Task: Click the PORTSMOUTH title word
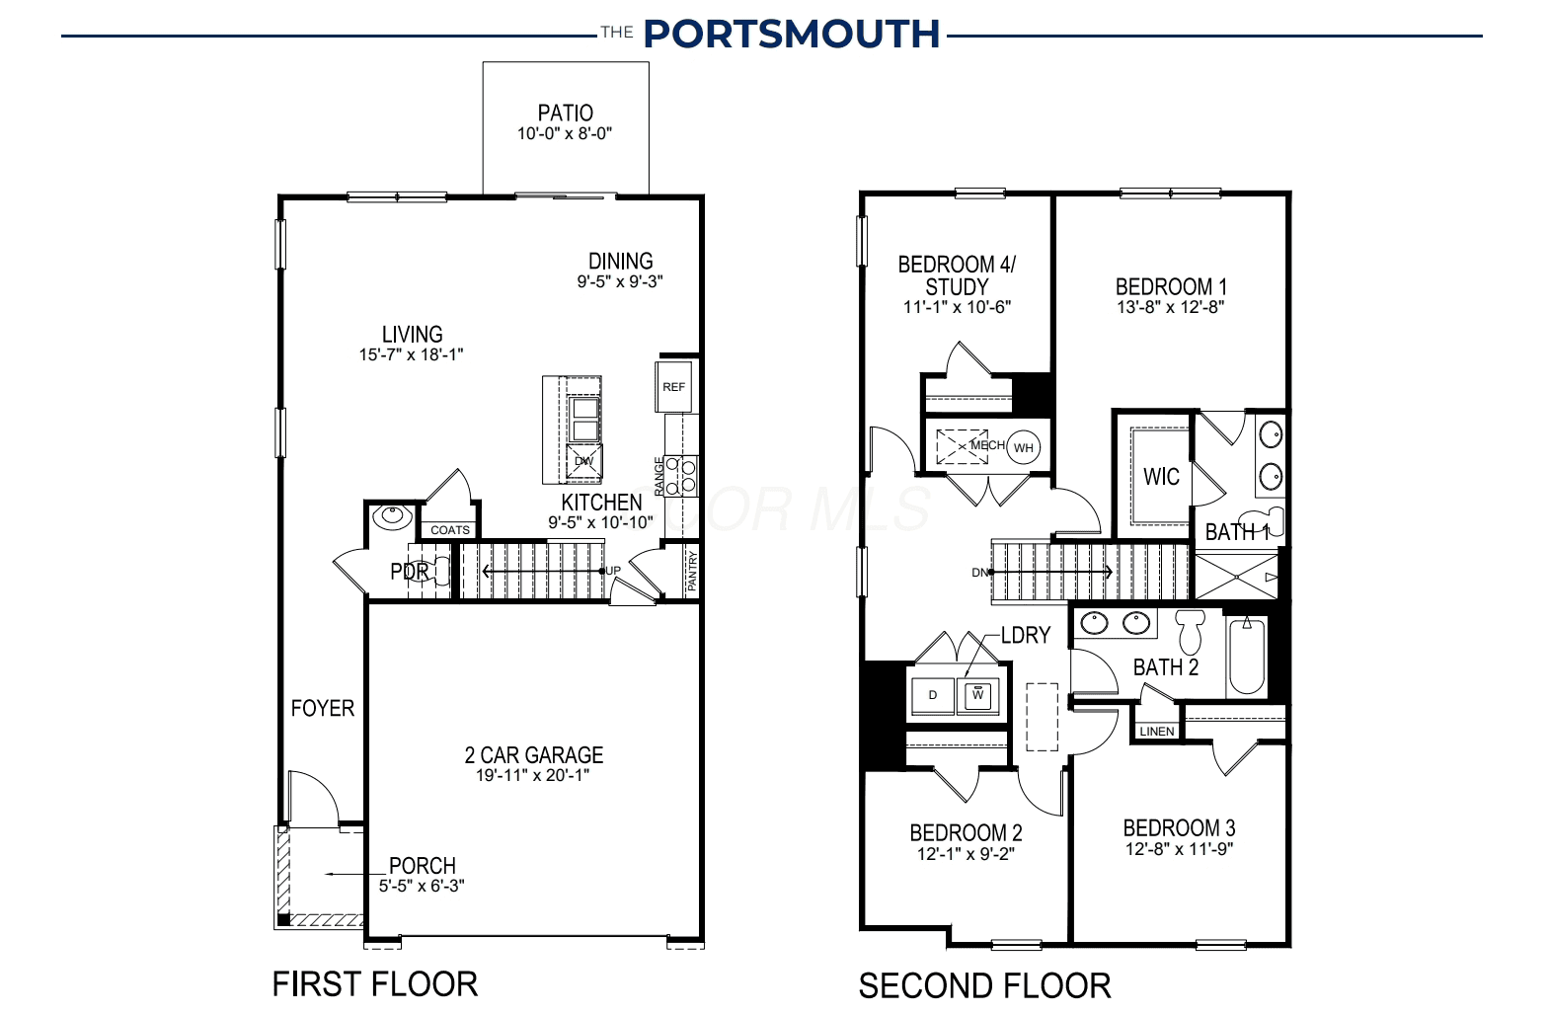pos(792,34)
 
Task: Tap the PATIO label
pos(566,113)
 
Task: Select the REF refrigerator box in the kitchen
pos(673,387)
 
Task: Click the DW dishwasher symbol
pos(584,461)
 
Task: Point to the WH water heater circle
pos(1024,447)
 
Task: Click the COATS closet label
pos(450,530)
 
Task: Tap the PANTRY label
pos(692,571)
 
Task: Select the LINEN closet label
pos(1157,732)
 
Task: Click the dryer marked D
pos(932,695)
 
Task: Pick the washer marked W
pos(977,695)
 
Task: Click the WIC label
pos(1161,476)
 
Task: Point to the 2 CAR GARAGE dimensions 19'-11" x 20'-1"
pos(532,775)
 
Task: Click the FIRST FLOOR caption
pos(374,984)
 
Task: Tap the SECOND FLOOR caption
pos(985,985)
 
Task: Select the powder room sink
pos(392,516)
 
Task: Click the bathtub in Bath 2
pos(1247,656)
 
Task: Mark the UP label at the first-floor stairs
pos(613,571)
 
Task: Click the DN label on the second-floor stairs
pos(979,573)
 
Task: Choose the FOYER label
pos(323,709)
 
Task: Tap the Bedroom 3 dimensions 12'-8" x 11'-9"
pos(1179,849)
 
